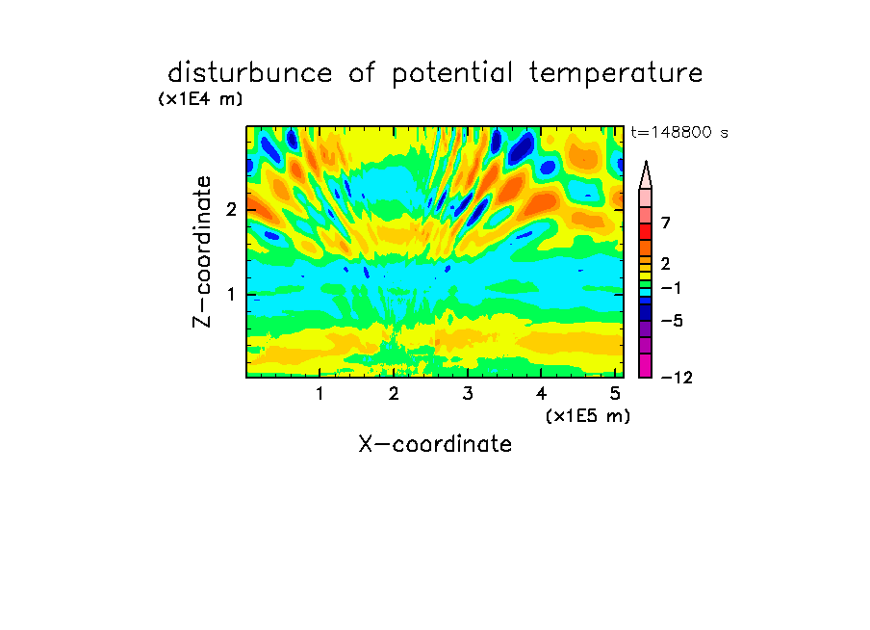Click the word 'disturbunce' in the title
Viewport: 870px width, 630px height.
pos(249,73)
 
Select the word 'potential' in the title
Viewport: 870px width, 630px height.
pos(452,74)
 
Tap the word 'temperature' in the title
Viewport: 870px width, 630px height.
pos(616,74)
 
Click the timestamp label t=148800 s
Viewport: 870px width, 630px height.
pos(679,132)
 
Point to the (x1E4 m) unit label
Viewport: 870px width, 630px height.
pos(200,99)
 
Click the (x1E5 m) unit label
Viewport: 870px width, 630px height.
pos(588,415)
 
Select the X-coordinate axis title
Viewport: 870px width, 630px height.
pos(436,444)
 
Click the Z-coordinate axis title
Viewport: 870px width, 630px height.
pos(202,251)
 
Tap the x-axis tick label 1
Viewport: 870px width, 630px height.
pos(320,394)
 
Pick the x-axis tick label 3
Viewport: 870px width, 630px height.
pos(468,394)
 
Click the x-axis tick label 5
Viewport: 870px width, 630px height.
pos(615,394)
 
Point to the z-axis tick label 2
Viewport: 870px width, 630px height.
pos(231,210)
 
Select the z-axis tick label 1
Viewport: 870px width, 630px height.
pos(231,295)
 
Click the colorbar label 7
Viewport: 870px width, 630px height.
pos(666,223)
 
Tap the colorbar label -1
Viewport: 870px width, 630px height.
pos(672,288)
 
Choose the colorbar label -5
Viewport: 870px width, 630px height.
pos(672,321)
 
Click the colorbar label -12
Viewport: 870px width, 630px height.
pos(677,378)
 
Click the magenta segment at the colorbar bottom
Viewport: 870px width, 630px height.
pos(646,366)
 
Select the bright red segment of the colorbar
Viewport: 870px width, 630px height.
pos(646,231)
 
